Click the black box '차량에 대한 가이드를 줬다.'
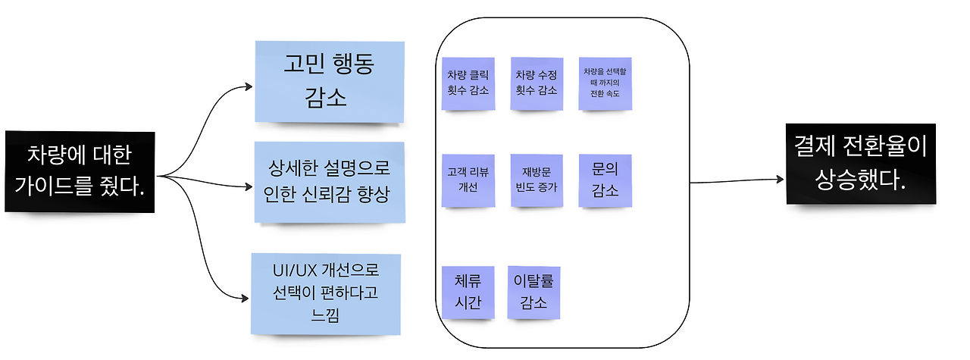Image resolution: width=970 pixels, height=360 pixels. (x=80, y=171)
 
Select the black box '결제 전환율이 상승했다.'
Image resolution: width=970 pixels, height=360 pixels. (x=860, y=164)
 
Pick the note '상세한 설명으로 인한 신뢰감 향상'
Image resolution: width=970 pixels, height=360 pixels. (x=328, y=182)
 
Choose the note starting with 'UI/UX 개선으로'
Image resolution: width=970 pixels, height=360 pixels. (x=325, y=293)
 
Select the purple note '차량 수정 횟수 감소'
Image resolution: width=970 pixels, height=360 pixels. (x=536, y=83)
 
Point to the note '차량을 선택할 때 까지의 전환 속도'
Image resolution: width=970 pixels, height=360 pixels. (x=604, y=83)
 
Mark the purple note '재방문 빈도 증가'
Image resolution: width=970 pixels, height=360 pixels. (x=536, y=180)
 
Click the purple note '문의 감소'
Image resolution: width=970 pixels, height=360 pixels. (x=604, y=180)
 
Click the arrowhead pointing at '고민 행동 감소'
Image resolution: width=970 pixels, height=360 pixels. (x=248, y=86)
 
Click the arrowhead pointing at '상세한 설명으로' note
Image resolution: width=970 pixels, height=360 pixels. (x=248, y=184)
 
